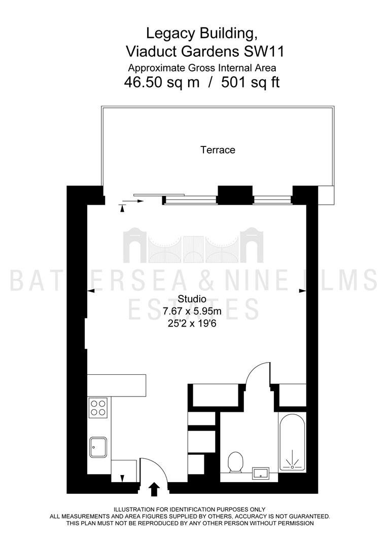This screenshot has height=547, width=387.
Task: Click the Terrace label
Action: pyautogui.click(x=218, y=150)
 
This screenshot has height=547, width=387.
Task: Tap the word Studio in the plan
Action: pyautogui.click(x=192, y=299)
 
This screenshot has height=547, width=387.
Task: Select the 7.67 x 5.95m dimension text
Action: pyautogui.click(x=192, y=311)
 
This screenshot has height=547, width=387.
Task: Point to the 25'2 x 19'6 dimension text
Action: pyautogui.click(x=192, y=323)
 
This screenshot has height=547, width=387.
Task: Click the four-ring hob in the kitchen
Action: pyautogui.click(x=98, y=408)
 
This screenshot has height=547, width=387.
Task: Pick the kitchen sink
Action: pyautogui.click(x=98, y=447)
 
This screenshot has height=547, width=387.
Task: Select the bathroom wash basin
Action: pyautogui.click(x=260, y=473)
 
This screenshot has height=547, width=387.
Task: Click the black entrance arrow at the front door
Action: pyautogui.click(x=154, y=489)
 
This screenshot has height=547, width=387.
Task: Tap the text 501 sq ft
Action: pyautogui.click(x=251, y=83)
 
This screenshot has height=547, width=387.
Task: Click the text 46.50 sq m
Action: pyautogui.click(x=162, y=83)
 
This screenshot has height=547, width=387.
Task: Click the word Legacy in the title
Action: pyautogui.click(x=171, y=34)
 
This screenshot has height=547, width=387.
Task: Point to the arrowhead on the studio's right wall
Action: pyautogui.click(x=302, y=291)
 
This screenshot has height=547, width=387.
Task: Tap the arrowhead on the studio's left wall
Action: pyautogui.click(x=91, y=291)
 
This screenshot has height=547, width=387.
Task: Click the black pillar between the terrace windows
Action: pyautogui.click(x=235, y=195)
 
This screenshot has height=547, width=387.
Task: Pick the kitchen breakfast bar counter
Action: pyautogui.click(x=116, y=385)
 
